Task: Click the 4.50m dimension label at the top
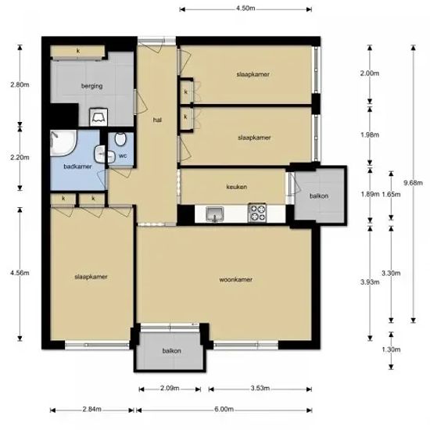[x=245, y=9]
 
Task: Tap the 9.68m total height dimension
[x=413, y=183]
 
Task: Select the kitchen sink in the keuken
[x=215, y=214]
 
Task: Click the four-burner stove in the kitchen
[x=257, y=213]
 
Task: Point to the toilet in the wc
[x=120, y=139]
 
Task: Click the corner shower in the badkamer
[x=63, y=143]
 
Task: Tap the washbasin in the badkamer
[x=100, y=153]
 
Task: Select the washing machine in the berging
[x=99, y=117]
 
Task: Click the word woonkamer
[x=236, y=280]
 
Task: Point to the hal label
[x=157, y=120]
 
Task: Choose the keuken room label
[x=236, y=187]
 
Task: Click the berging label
[x=92, y=86]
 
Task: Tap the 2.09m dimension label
[x=170, y=388]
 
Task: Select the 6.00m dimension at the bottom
[x=224, y=410]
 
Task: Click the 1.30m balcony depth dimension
[x=391, y=349]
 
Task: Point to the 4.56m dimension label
[x=20, y=273]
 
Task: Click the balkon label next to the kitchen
[x=319, y=196]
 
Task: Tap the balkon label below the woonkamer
[x=172, y=351]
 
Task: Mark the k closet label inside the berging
[x=78, y=51]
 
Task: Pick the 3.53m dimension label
[x=260, y=388]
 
